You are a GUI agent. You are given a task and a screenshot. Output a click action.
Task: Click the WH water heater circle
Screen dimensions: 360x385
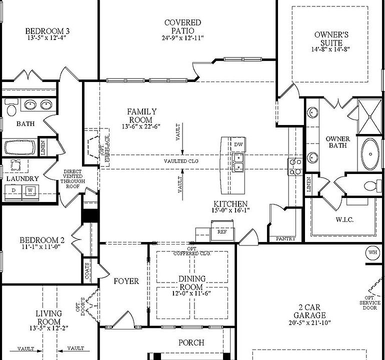click(372, 251)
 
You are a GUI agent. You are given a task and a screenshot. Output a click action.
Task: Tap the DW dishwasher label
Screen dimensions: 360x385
click(238, 144)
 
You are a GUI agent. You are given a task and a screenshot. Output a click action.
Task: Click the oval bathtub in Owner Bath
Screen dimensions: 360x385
click(370, 154)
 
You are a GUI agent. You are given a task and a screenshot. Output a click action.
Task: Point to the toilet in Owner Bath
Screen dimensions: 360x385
click(370, 186)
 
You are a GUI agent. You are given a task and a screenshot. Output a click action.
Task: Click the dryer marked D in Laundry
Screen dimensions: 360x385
click(14, 190)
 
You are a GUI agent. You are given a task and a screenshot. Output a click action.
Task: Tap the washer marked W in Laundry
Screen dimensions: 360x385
click(30, 190)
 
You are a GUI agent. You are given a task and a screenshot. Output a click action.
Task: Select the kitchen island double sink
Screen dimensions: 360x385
click(238, 162)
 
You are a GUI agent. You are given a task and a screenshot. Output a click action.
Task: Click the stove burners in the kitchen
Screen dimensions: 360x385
click(295, 166)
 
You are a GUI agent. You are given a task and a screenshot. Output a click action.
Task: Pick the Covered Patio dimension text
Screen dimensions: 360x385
click(182, 38)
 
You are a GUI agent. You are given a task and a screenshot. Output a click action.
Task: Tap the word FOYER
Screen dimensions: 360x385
click(126, 281)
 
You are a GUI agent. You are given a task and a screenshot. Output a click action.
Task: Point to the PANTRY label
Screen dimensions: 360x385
click(285, 239)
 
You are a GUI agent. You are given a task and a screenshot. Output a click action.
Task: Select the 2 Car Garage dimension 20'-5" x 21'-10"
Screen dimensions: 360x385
click(309, 322)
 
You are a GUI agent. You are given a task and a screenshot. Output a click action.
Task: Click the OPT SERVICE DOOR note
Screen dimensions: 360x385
click(369, 303)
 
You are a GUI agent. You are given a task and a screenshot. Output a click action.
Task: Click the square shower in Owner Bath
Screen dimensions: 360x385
click(370, 116)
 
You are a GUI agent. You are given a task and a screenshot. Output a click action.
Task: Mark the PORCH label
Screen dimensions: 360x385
click(191, 342)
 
